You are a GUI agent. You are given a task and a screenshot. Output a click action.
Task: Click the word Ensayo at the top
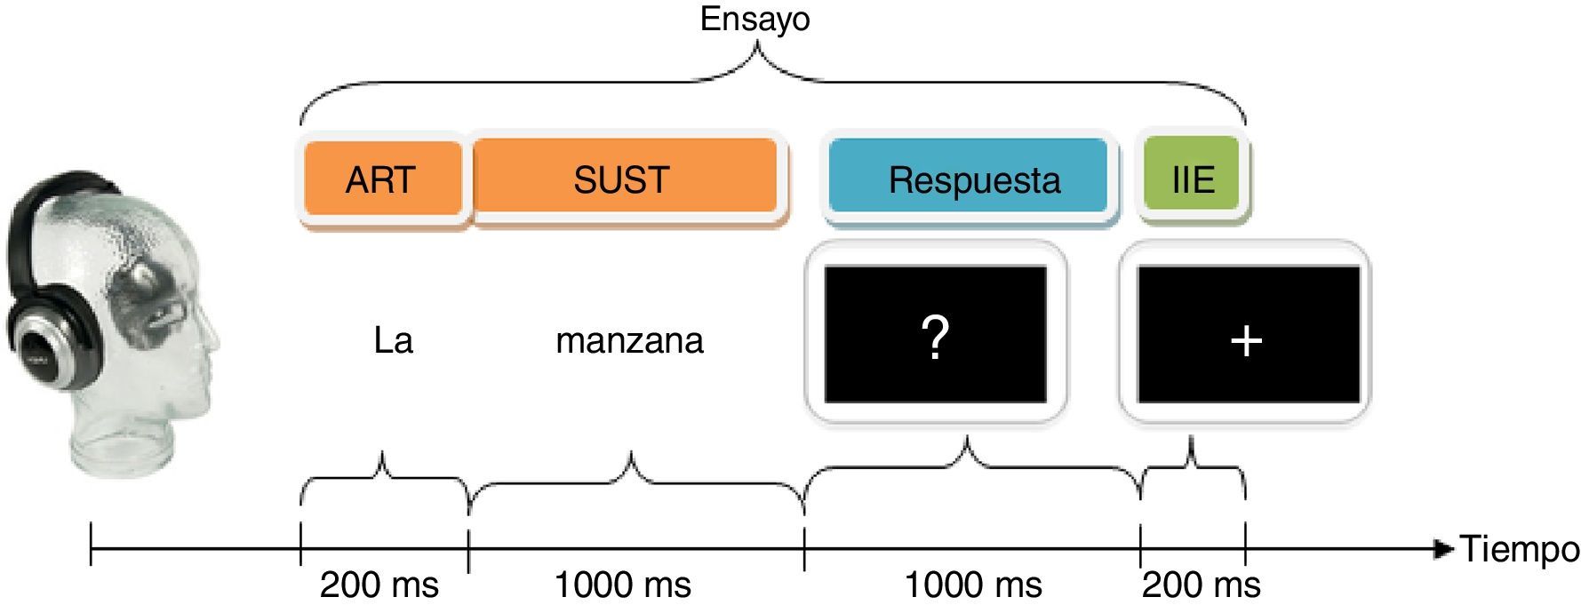tap(755, 20)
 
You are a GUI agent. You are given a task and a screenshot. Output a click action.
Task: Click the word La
tap(393, 341)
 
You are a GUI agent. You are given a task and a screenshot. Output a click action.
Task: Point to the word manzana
tap(629, 341)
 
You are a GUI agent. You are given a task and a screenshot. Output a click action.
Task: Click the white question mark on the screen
tap(935, 338)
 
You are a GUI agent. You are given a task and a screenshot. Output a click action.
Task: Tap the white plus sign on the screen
tap(1247, 340)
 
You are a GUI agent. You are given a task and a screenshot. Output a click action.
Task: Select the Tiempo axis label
tap(1521, 549)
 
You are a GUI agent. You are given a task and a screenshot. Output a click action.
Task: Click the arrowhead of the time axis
tap(1444, 549)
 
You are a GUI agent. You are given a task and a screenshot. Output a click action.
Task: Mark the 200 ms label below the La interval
tap(379, 585)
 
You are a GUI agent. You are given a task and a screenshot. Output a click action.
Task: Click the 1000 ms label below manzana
tap(623, 585)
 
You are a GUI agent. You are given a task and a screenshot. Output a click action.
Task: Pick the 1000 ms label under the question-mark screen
tap(973, 585)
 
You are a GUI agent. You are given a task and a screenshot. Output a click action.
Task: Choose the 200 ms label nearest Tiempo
tap(1201, 585)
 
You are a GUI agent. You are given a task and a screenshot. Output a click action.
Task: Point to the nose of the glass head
tap(214, 333)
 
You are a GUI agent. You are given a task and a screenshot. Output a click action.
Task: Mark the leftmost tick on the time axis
tap(91, 545)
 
